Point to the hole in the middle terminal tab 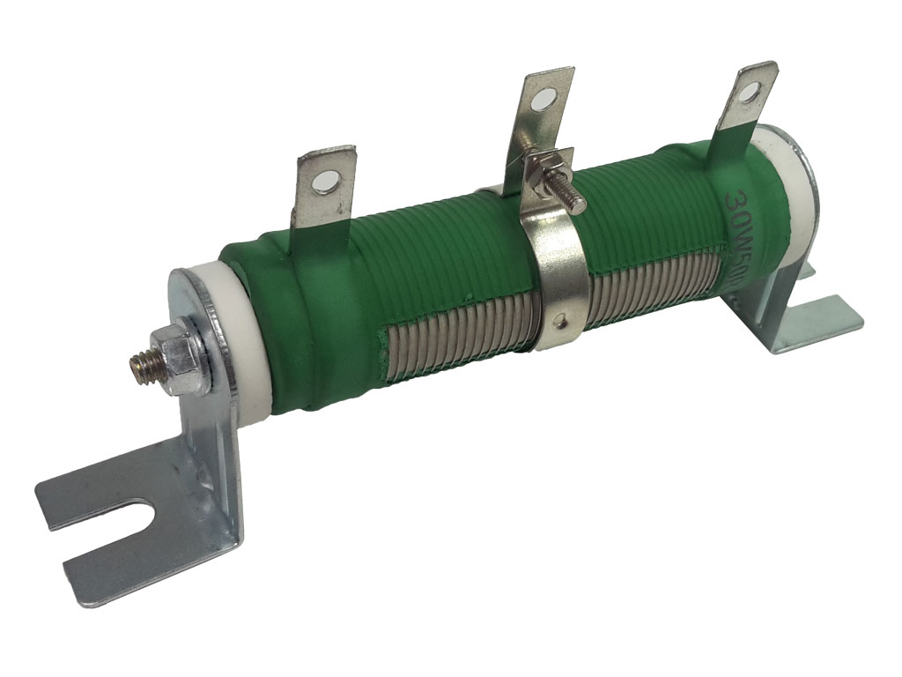[x=544, y=101]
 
